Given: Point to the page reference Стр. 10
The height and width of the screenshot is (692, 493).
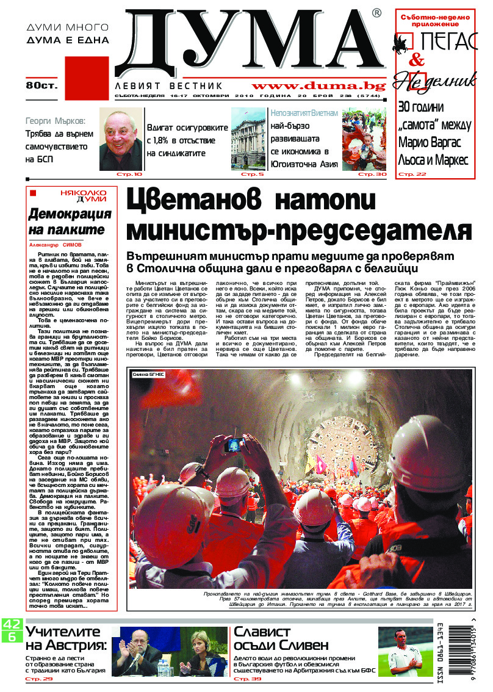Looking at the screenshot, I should coord(129,175).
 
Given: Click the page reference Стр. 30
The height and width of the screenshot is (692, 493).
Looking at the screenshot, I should coord(372,175).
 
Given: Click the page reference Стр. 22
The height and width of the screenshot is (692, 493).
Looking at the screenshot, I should coord(412,175).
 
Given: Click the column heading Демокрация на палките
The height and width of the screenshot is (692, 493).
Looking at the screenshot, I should coord(70,222).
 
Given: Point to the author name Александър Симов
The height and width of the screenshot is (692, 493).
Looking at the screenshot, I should coord(58,242).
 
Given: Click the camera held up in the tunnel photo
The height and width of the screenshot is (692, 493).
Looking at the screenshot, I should coord(233,428).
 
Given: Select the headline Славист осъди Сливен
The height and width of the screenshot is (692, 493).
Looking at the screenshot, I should coord(281,638).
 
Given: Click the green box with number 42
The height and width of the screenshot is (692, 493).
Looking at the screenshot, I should coord(11,624).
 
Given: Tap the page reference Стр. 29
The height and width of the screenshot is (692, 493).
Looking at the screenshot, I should coord(38,679).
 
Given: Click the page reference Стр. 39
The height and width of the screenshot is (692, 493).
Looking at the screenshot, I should coord(247,679).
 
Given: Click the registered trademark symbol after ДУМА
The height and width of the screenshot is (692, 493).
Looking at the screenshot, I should coord(377,13).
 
